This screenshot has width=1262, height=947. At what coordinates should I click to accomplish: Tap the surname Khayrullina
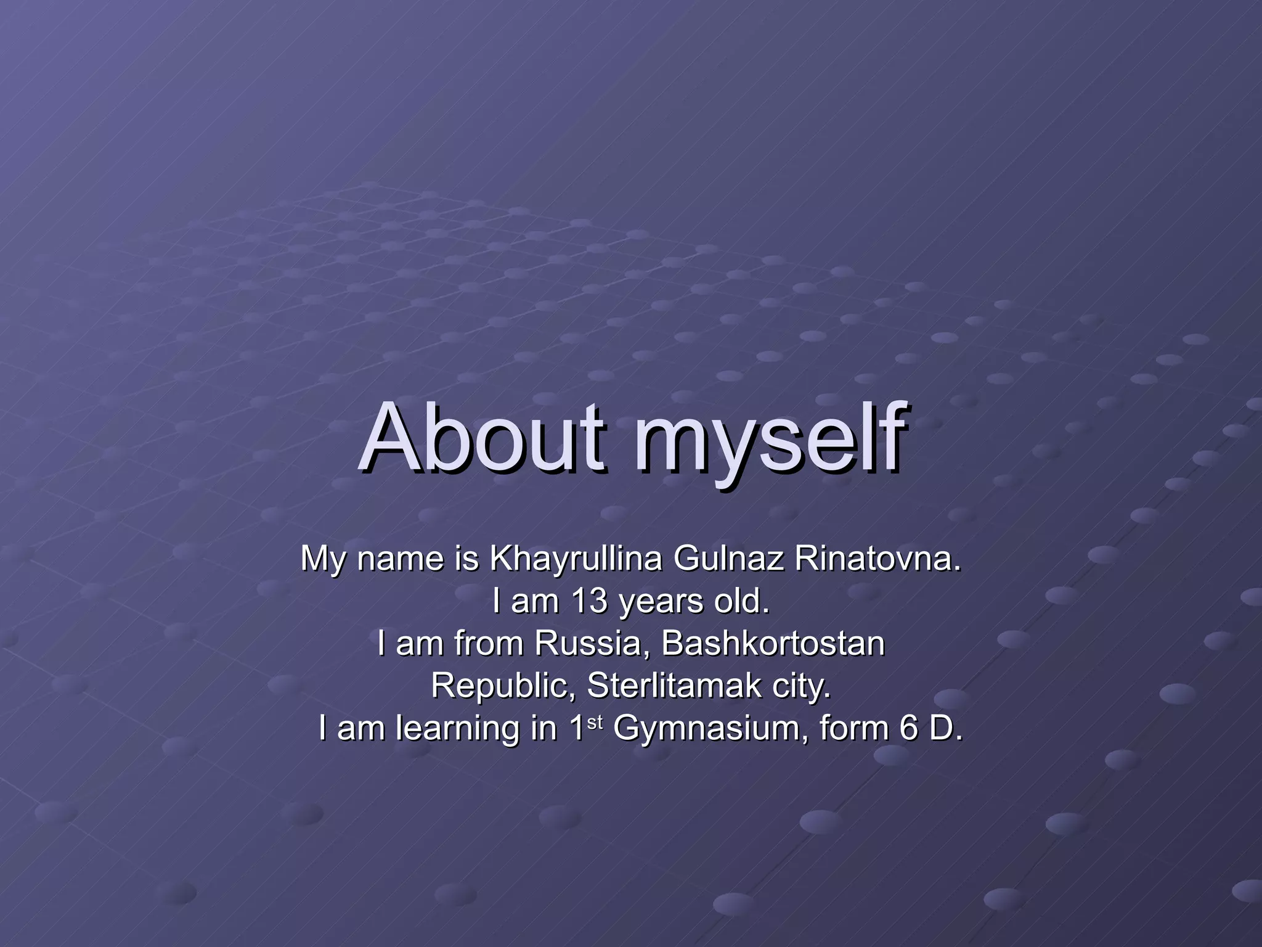[576, 559]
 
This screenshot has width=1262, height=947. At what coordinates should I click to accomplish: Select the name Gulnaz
[728, 559]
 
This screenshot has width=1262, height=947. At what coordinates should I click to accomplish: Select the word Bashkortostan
[773, 643]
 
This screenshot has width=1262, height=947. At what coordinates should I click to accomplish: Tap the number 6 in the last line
[909, 728]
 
